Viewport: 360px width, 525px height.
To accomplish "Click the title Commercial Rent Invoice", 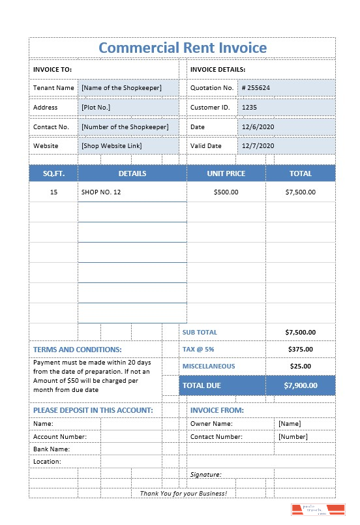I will point(182,48).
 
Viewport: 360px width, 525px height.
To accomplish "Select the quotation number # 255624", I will point(256,87).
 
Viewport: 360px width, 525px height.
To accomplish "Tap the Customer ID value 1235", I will point(249,107).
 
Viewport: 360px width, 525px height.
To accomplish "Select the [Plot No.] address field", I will point(96,107).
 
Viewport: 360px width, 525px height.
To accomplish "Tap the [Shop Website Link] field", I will point(112,146).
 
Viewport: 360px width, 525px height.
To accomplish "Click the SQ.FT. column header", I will point(53,173).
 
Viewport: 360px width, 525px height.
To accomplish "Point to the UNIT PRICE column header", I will point(226,173).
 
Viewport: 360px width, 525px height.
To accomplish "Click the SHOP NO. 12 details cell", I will point(101,192).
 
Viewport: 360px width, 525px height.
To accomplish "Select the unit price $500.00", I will point(226,192).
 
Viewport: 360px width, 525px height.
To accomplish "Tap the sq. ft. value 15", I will point(53,192).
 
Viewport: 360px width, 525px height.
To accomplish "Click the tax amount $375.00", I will point(300,350).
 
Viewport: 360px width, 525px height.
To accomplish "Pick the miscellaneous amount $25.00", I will point(300,367).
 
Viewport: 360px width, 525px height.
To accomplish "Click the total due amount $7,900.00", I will point(300,385).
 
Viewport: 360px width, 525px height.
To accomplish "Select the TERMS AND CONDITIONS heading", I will point(78,350).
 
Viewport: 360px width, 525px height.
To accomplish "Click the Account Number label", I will point(59,437).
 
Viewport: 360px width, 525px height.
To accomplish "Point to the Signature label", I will point(206,475).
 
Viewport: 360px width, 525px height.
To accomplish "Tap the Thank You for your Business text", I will point(183,493).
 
